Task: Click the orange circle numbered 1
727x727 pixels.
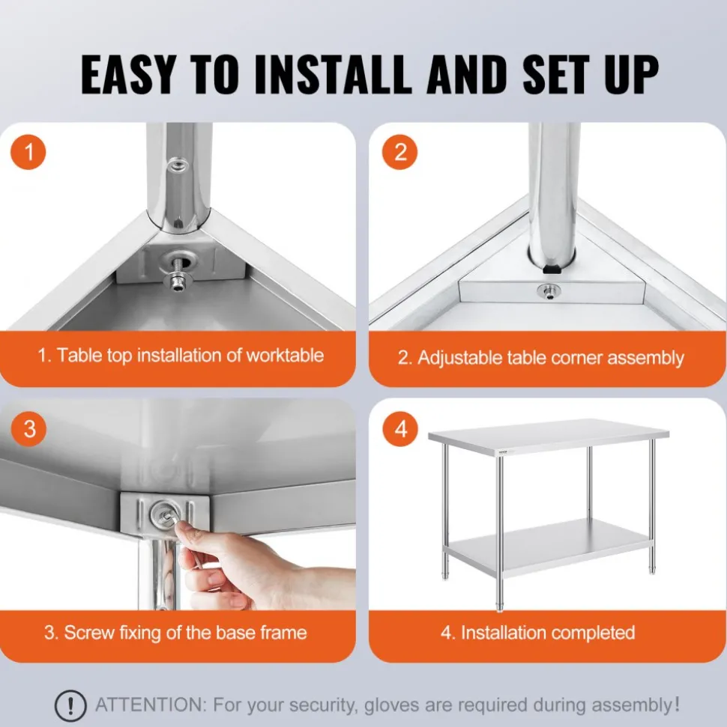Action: click(x=28, y=152)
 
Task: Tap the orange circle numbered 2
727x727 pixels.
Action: click(x=399, y=152)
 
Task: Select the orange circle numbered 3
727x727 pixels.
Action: click(x=28, y=429)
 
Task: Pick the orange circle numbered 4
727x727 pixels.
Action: click(x=400, y=429)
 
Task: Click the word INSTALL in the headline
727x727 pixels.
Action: click(x=333, y=74)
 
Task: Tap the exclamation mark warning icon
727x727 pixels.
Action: click(x=70, y=706)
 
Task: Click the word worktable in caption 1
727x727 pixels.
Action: click(x=285, y=356)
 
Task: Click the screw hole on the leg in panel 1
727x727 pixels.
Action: click(x=178, y=165)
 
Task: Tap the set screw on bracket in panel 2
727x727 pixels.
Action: click(x=549, y=292)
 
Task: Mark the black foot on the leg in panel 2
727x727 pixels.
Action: click(x=552, y=269)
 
